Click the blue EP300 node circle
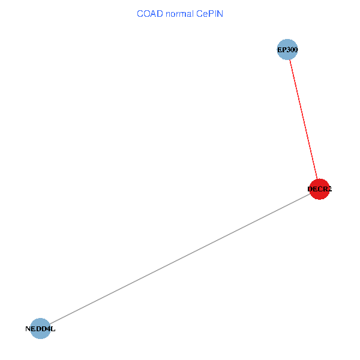tap(287, 49)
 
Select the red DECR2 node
tap(319, 189)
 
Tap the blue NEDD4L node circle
tap(40, 328)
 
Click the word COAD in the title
tap(148, 13)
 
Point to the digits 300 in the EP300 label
tap(292, 49)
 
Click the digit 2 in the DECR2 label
tap(329, 189)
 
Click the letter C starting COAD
tap(140, 13)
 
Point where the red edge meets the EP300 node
tap(290, 60)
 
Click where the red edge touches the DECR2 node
tap(317, 179)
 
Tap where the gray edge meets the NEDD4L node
tap(49, 323)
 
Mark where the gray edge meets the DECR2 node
tap(310, 194)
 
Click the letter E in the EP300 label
tap(280, 49)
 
